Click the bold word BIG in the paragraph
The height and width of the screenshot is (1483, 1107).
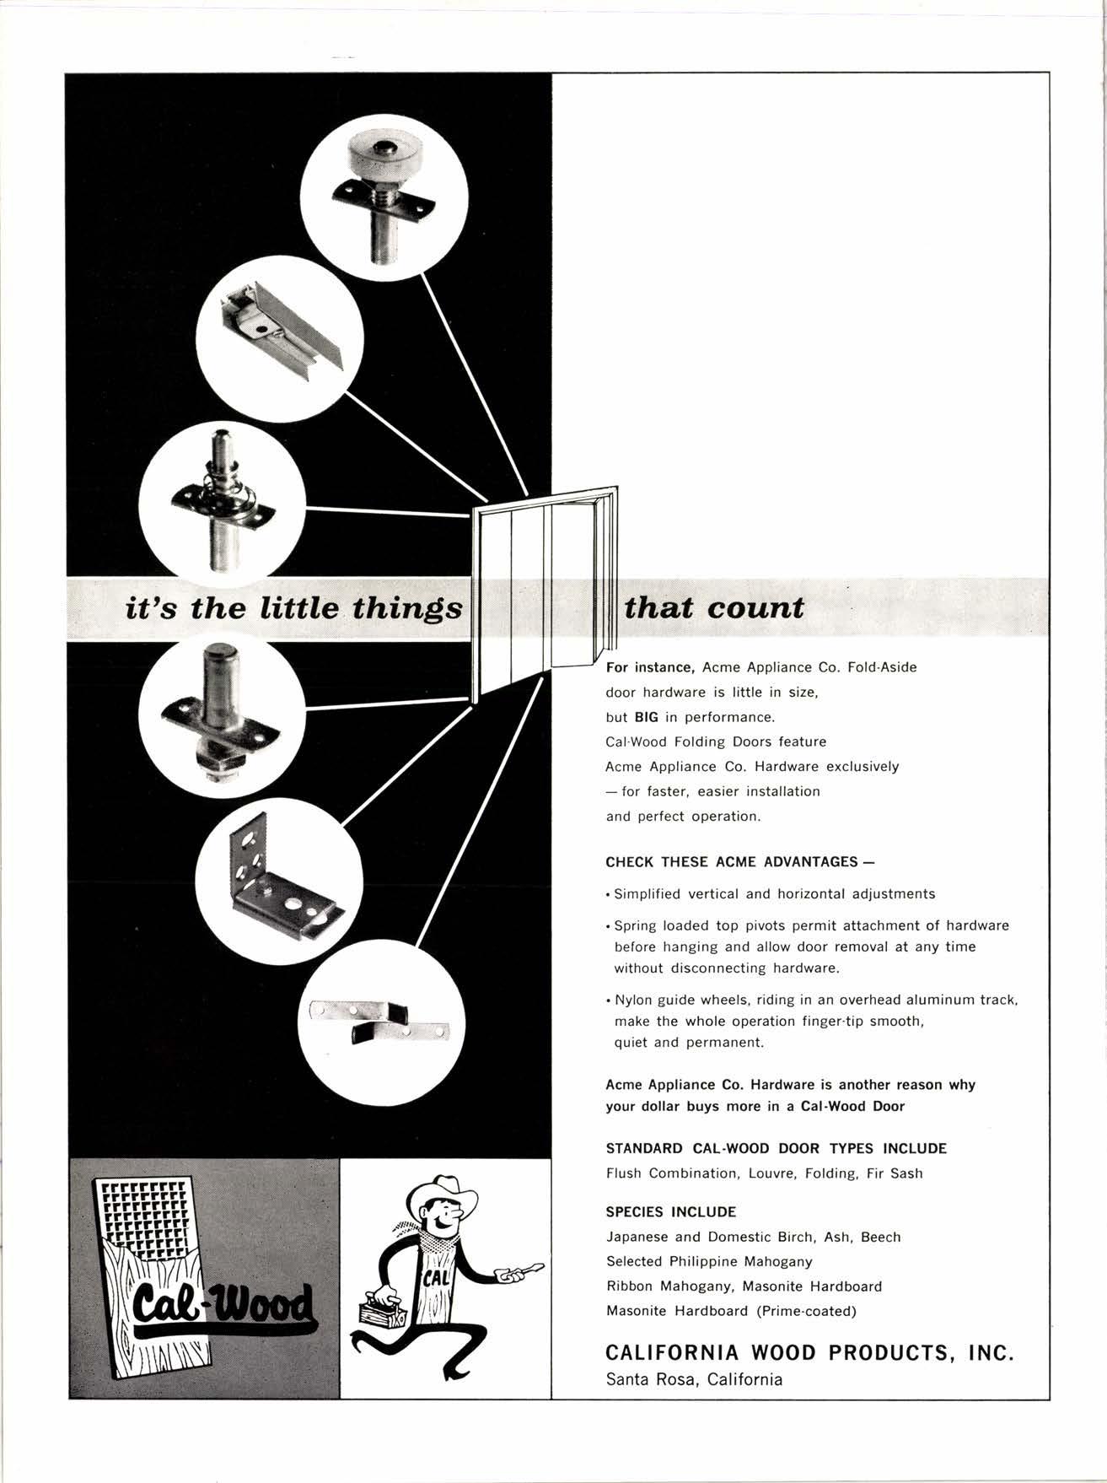(x=646, y=717)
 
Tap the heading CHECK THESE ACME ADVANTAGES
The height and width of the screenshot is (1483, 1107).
(x=739, y=861)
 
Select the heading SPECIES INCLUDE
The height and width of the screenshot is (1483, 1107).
(x=670, y=1212)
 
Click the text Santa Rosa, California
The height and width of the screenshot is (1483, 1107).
(x=694, y=1380)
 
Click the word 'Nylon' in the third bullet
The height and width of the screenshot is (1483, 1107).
(x=633, y=1000)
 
